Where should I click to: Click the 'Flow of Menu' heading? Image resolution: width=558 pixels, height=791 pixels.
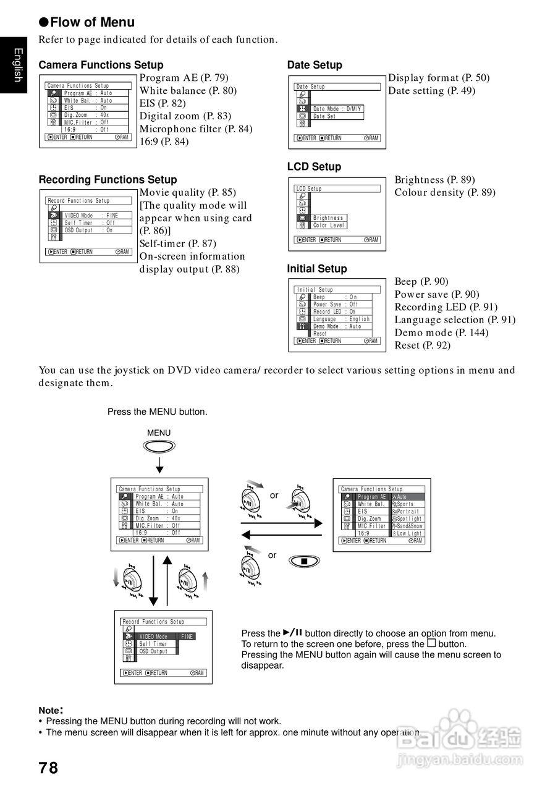pyautogui.click(x=92, y=23)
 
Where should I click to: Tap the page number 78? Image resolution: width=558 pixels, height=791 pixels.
pyautogui.click(x=48, y=768)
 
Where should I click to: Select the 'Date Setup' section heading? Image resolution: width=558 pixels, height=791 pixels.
pyautogui.click(x=315, y=65)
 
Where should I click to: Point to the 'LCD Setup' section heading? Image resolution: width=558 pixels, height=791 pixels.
pyautogui.click(x=314, y=167)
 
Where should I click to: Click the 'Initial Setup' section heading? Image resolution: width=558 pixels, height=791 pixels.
pyautogui.click(x=317, y=269)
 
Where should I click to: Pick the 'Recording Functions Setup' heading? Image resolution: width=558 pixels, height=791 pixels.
pyautogui.click(x=108, y=180)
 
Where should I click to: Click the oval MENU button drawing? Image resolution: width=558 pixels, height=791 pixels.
pyautogui.click(x=159, y=446)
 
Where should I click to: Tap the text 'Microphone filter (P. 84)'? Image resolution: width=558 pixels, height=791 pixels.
pyautogui.click(x=196, y=129)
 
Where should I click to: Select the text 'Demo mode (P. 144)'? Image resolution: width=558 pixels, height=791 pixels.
pyautogui.click(x=441, y=332)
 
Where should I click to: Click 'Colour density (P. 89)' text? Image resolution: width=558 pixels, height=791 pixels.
pyautogui.click(x=445, y=193)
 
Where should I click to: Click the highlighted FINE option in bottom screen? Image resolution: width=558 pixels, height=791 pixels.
pyautogui.click(x=187, y=637)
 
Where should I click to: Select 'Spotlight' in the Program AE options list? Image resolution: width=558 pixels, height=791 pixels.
pyautogui.click(x=408, y=519)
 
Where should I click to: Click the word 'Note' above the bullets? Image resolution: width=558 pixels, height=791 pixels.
pyautogui.click(x=50, y=711)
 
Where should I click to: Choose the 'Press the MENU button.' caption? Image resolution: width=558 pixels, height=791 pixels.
pyautogui.click(x=158, y=412)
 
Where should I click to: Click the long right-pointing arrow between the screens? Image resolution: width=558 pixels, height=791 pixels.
pyautogui.click(x=281, y=523)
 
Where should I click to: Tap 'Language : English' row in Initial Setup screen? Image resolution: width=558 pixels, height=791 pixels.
pyautogui.click(x=341, y=319)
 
